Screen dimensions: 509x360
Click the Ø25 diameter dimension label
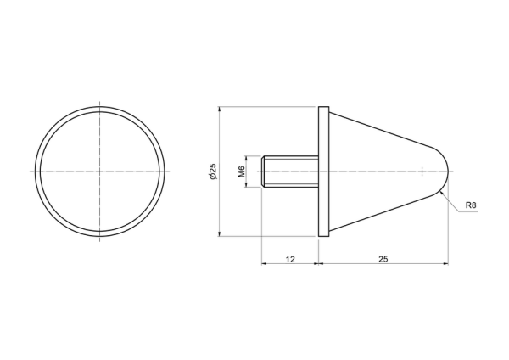pyautogui.click(x=213, y=172)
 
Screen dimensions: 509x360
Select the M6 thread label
pyautogui.click(x=242, y=172)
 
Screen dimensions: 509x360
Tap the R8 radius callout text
pyautogui.click(x=471, y=205)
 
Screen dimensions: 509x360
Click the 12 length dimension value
pyautogui.click(x=290, y=259)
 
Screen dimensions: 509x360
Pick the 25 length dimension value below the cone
pyautogui.click(x=383, y=259)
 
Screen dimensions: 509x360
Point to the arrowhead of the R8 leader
pyautogui.click(x=441, y=194)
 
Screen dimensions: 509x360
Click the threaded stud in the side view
pyautogui.click(x=290, y=172)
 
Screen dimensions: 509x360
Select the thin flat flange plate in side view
pyautogui.click(x=324, y=172)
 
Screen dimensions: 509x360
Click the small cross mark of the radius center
pyautogui.click(x=422, y=172)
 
